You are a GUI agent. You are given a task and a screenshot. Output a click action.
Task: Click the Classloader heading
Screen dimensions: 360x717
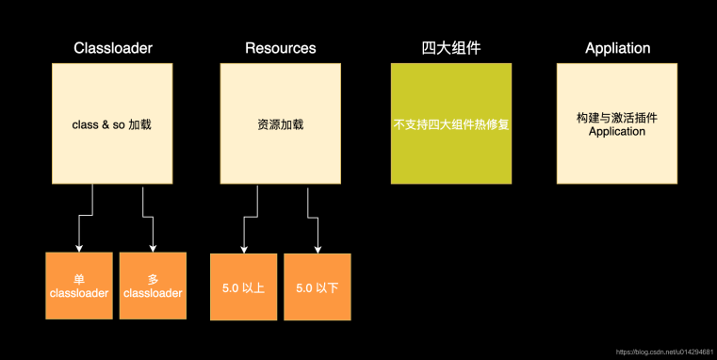[111, 48]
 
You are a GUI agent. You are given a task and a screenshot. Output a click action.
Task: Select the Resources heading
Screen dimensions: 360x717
[280, 48]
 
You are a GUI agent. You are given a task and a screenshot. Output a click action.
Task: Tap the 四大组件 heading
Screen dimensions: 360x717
[451, 48]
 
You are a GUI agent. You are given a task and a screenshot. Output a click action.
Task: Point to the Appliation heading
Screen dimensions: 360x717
[617, 48]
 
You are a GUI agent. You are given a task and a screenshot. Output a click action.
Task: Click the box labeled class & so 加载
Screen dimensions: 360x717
[111, 123]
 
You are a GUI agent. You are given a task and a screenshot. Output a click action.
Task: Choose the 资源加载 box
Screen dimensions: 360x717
[280, 123]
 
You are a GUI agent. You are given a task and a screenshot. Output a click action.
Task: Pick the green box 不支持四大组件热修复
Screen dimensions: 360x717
[451, 123]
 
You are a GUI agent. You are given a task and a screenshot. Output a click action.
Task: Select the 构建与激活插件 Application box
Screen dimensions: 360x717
[617, 123]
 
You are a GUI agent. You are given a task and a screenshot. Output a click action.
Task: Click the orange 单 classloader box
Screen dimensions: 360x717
[79, 286]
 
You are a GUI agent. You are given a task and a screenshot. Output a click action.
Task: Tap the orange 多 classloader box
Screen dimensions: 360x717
[153, 286]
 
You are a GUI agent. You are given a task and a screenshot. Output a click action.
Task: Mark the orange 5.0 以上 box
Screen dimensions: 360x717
[244, 286]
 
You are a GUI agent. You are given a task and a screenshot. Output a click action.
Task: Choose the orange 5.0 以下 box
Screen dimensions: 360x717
[317, 286]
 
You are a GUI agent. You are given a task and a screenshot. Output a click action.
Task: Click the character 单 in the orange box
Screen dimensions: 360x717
[79, 279]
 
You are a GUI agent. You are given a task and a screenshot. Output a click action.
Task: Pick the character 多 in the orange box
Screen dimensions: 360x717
[153, 279]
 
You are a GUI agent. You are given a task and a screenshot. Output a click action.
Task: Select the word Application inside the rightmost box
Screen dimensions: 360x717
[617, 132]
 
